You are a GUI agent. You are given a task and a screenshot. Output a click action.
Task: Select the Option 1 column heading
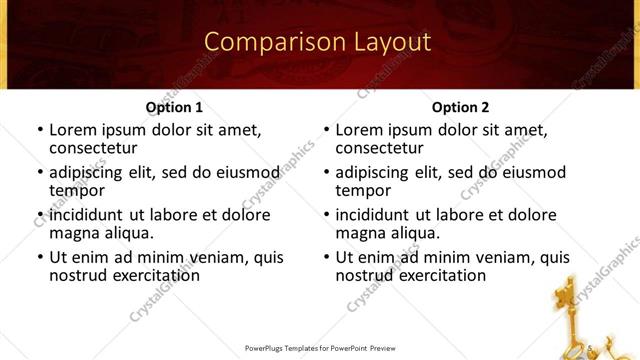pyautogui.click(x=174, y=107)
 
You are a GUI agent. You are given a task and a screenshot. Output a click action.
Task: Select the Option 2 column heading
pyautogui.click(x=460, y=107)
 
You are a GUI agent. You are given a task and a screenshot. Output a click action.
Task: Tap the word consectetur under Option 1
pyautogui.click(x=97, y=149)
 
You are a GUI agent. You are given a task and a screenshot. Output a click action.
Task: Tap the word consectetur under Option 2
pyautogui.click(x=383, y=149)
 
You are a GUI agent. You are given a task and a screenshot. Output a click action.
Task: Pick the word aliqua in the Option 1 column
pyautogui.click(x=128, y=234)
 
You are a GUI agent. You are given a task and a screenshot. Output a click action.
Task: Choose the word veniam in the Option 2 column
pyautogui.click(x=493, y=257)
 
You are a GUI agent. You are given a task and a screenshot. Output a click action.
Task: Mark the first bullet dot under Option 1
pyautogui.click(x=40, y=130)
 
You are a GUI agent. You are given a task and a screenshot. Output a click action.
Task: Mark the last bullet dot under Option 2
pyautogui.click(x=326, y=258)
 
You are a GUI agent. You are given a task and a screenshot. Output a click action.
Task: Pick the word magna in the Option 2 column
pyautogui.click(x=359, y=234)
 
